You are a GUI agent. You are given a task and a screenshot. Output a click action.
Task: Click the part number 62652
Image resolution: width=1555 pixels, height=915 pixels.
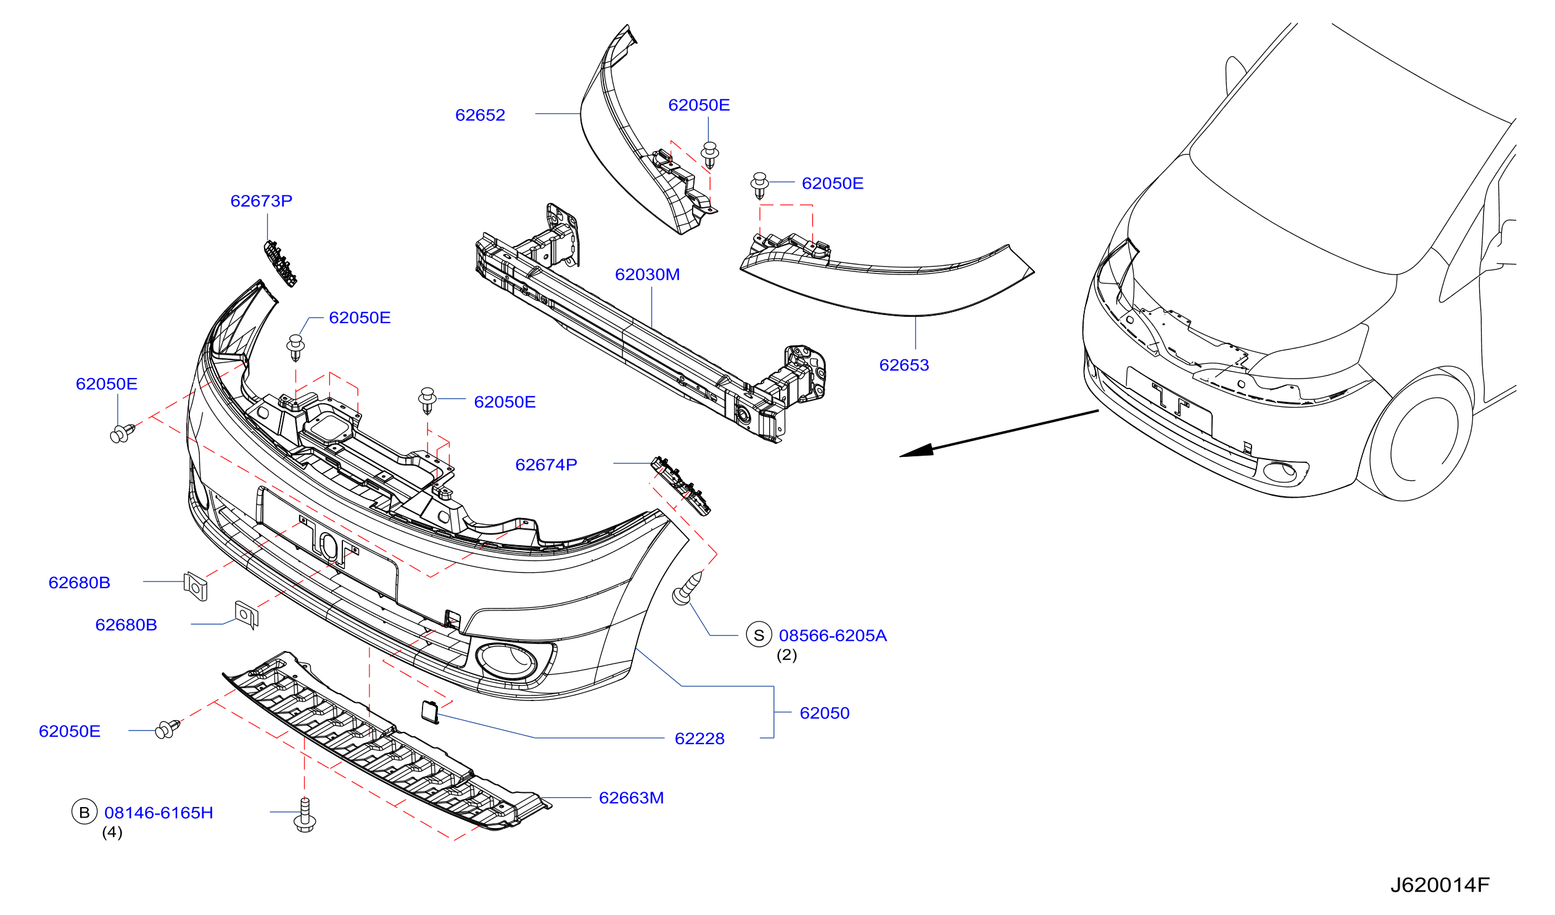479,115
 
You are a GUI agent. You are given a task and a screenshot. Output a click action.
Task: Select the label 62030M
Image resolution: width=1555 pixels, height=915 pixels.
647,274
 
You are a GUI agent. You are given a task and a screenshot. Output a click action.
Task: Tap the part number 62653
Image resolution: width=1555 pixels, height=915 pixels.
904,365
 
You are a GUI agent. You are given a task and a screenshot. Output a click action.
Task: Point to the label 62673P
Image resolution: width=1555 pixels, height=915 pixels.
261,201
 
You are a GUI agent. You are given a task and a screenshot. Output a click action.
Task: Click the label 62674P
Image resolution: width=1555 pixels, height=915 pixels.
546,466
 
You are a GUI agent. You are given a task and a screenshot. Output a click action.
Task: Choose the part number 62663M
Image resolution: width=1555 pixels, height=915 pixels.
631,798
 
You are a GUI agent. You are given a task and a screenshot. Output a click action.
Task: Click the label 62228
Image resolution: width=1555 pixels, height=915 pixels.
699,739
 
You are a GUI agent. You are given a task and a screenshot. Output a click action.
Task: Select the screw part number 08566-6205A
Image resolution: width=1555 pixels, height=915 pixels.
833,636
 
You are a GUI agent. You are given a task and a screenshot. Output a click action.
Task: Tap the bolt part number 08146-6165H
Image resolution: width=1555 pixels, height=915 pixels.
159,813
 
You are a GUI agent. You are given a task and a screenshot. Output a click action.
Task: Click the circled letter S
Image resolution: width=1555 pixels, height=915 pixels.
759,635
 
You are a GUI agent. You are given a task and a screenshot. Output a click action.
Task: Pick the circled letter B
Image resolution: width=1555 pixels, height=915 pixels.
85,813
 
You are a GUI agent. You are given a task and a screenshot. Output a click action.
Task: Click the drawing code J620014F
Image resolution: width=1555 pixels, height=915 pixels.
1440,885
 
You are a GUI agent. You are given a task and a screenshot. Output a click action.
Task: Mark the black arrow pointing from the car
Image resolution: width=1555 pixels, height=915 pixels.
999,433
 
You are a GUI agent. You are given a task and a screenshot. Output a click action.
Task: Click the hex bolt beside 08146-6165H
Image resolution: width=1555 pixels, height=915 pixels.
305,815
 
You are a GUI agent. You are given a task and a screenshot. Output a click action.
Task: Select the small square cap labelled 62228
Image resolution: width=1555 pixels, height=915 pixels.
430,712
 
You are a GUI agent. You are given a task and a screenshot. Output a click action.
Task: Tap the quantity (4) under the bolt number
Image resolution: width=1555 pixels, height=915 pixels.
112,833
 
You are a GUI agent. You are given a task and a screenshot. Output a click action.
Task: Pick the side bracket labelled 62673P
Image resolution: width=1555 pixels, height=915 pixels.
280,264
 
